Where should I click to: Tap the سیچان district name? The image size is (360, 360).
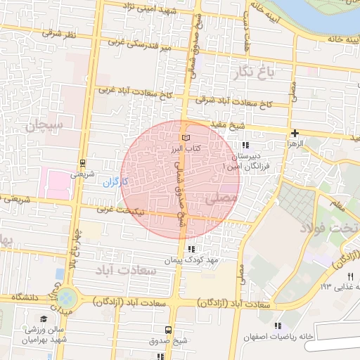pyautogui.click(x=46, y=127)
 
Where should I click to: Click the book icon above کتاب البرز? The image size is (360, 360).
pyautogui.click(x=186, y=137)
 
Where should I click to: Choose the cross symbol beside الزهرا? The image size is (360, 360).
pyautogui.click(x=295, y=132)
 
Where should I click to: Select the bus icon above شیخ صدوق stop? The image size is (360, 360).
pyautogui.click(x=168, y=329)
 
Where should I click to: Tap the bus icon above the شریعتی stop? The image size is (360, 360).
pyautogui.click(x=83, y=162)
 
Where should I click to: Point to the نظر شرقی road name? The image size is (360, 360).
pyautogui.click(x=58, y=33)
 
